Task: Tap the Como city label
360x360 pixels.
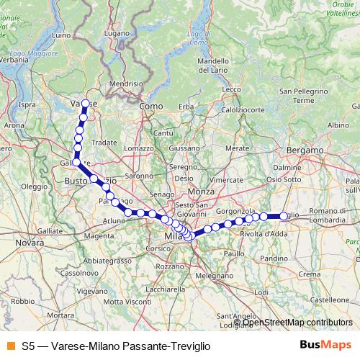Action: pos(148,106)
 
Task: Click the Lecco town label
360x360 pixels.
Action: pos(232,89)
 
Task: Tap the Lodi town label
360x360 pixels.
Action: pos(261,292)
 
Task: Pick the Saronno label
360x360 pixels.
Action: pos(139,175)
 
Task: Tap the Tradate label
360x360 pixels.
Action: pos(105,143)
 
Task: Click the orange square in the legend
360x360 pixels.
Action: pos(11,345)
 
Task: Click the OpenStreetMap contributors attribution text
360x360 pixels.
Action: pos(295,323)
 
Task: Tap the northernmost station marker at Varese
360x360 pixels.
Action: pos(86,103)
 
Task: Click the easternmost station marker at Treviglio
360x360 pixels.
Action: pos(284,215)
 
